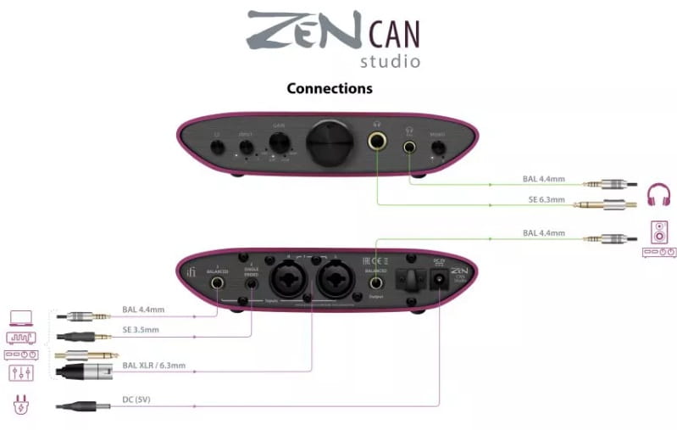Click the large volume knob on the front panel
326,142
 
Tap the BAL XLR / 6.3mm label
162,365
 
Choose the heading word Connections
330,88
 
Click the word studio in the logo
390,61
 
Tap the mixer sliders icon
20,373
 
